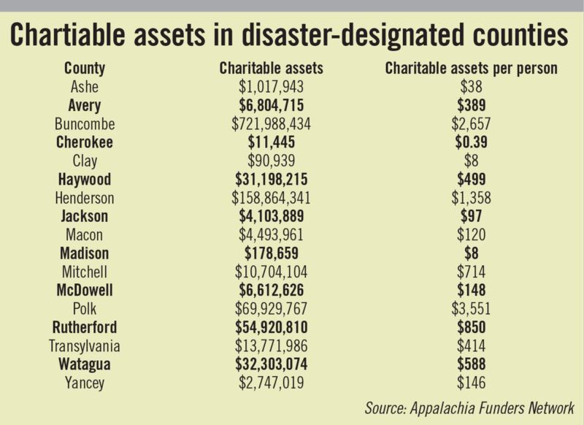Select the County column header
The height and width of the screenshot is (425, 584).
pyautogui.click(x=85, y=69)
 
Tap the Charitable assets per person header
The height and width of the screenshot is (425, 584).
pyautogui.click(x=471, y=69)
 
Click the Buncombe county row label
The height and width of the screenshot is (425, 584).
pyautogui.click(x=85, y=123)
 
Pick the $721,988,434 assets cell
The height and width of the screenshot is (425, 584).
pyautogui.click(x=272, y=123)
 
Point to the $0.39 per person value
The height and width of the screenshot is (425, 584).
pyautogui.click(x=471, y=142)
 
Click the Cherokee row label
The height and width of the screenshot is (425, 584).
pyautogui.click(x=85, y=142)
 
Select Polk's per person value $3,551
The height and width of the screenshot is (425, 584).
pyautogui.click(x=471, y=308)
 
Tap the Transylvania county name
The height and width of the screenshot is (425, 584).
pyautogui.click(x=85, y=345)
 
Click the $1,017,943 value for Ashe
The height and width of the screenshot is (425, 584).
pyautogui.click(x=272, y=87)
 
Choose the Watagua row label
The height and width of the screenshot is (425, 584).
pyautogui.click(x=85, y=364)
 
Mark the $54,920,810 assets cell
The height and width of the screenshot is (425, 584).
pyautogui.click(x=272, y=326)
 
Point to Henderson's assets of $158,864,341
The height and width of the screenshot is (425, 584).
pyautogui.click(x=272, y=198)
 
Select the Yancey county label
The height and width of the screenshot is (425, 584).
pyautogui.click(x=85, y=382)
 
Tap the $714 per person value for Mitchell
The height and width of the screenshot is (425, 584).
pyautogui.click(x=471, y=272)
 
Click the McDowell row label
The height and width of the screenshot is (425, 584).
pyautogui.click(x=85, y=290)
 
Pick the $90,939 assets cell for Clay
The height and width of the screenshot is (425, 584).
pyautogui.click(x=272, y=161)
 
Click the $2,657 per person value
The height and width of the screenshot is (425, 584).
pyautogui.click(x=471, y=123)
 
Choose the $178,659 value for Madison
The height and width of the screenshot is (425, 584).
pyautogui.click(x=272, y=253)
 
